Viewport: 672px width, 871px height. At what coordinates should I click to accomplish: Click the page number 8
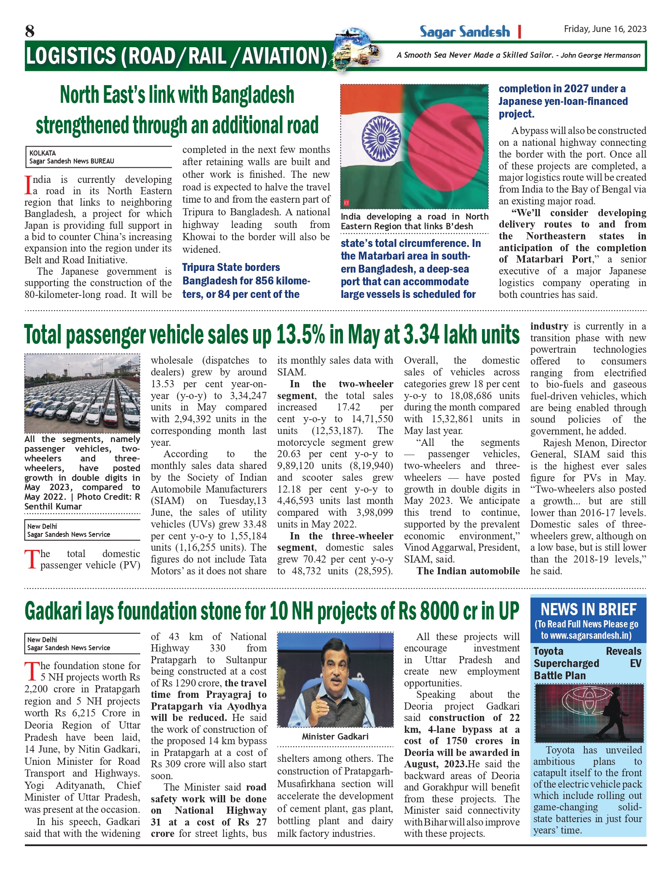(x=29, y=31)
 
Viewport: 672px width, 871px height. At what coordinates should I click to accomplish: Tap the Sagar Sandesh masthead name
(x=464, y=32)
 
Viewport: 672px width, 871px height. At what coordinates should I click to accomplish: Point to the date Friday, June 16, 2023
(x=605, y=29)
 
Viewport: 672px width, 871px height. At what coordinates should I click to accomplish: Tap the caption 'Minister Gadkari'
(x=335, y=736)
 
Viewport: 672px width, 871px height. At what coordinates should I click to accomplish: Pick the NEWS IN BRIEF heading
(x=588, y=609)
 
